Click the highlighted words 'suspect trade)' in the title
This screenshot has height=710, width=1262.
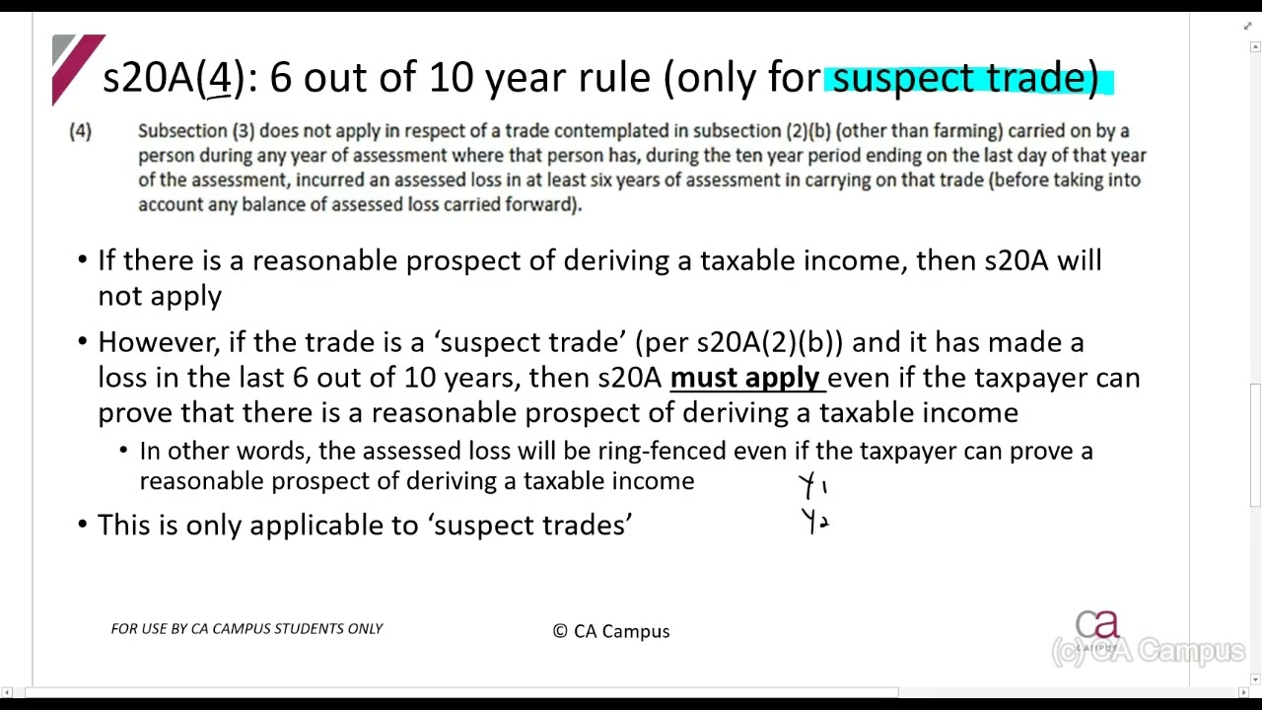965,78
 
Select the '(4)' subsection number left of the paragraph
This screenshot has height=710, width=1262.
80,131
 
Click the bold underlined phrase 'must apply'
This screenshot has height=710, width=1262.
744,378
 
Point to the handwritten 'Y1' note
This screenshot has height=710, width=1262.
812,486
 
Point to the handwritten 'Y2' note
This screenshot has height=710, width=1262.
814,521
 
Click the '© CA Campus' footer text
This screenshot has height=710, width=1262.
611,631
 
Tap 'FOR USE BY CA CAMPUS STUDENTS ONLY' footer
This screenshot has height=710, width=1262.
246,628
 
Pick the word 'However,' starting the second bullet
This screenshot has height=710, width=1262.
159,342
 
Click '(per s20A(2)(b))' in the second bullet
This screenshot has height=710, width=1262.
739,342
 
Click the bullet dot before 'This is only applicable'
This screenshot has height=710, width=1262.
82,526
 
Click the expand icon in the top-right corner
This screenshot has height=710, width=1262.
1247,27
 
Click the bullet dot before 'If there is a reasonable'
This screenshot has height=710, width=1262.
82,261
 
